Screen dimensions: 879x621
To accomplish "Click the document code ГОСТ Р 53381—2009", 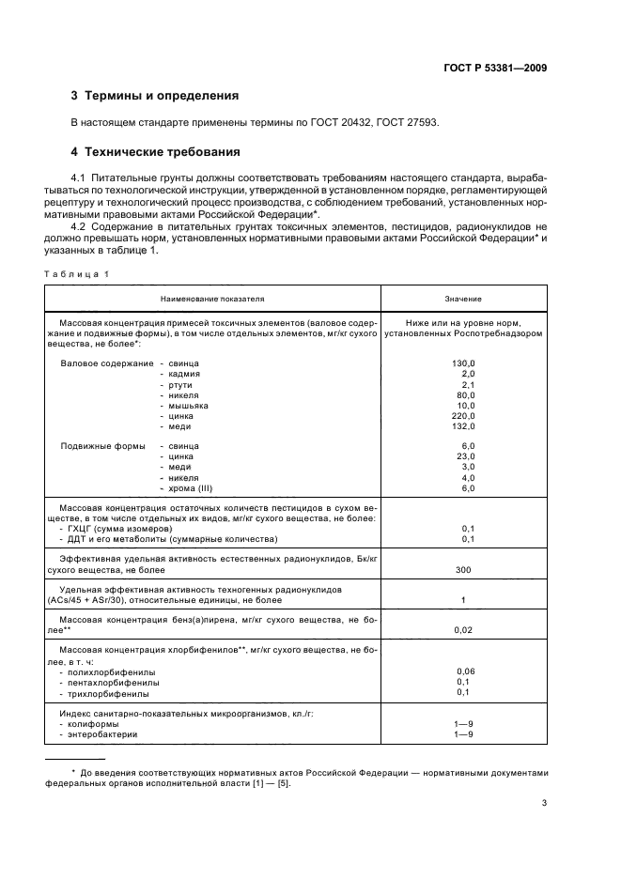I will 495,68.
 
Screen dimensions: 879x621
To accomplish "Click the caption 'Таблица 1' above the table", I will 77,273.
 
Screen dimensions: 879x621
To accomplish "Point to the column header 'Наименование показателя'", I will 212,299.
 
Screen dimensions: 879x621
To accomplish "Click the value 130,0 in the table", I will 463,362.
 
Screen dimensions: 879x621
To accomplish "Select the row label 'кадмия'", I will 183,374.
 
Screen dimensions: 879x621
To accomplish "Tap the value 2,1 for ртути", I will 468,385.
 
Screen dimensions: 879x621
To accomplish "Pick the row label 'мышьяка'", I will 188,407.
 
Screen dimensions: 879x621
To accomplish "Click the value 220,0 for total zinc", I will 463,417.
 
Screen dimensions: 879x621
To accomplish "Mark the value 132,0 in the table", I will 463,428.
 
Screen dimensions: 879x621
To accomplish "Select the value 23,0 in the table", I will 465,456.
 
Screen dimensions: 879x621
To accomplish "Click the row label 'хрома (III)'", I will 192,488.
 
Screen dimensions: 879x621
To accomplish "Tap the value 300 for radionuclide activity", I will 463,569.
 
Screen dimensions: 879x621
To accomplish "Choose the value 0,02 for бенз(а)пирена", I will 463,629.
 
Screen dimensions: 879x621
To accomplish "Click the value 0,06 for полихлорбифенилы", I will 465,671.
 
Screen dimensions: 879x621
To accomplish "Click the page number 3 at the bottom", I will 544,803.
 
